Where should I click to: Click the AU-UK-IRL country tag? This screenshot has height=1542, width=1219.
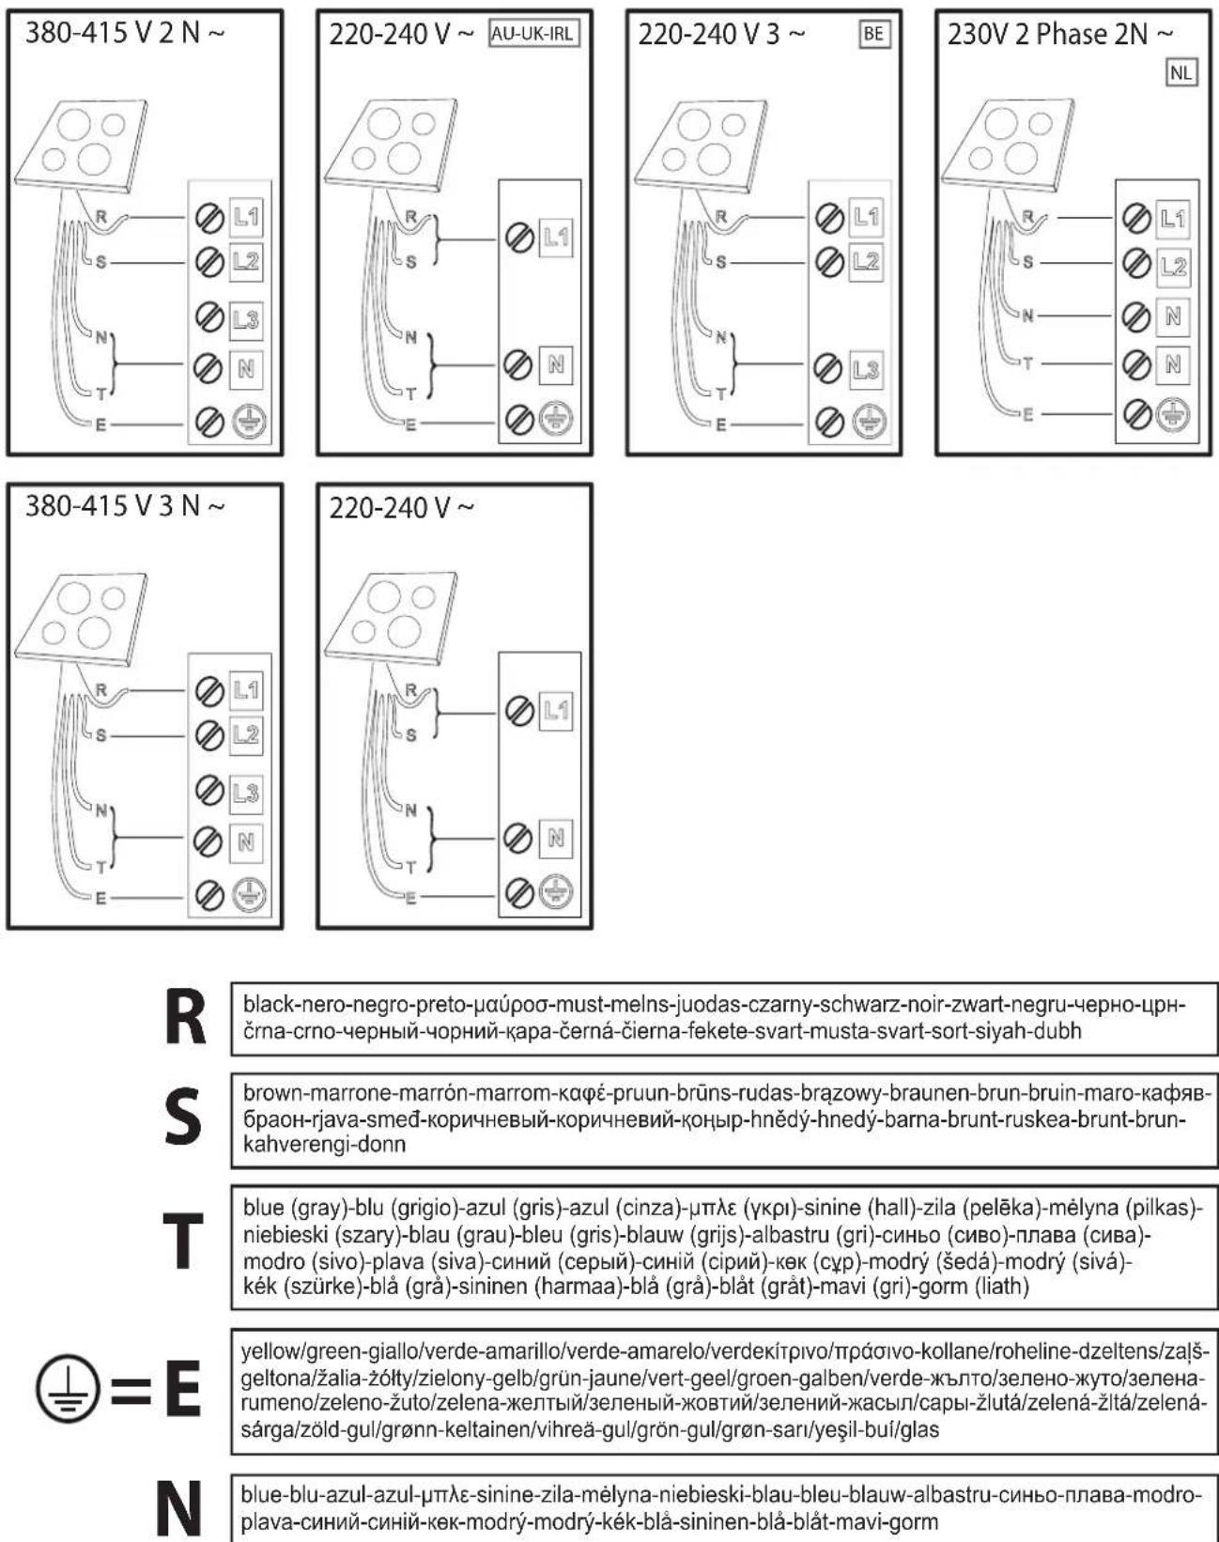[533, 34]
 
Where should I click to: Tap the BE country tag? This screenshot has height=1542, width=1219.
[873, 34]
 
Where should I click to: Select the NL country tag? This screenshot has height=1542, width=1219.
[1181, 73]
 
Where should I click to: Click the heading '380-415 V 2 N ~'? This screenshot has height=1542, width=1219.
[125, 33]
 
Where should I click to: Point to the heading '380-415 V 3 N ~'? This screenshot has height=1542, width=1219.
[125, 506]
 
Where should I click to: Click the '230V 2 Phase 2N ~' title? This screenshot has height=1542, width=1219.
[1060, 34]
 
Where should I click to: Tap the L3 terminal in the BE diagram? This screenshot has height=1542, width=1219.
[866, 369]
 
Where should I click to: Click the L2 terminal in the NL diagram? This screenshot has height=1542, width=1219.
[1173, 267]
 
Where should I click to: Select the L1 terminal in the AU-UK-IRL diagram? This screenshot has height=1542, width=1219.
[555, 237]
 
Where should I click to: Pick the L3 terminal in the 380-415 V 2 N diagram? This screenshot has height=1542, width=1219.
[246, 319]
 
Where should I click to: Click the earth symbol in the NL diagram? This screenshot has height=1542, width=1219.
[1173, 413]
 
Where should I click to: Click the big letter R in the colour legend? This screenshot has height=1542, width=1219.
[185, 1016]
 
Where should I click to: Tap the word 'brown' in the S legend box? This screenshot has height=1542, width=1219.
[273, 1093]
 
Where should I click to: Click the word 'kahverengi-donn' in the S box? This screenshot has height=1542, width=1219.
[325, 1145]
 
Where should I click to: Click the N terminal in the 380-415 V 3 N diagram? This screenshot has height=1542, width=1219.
[246, 841]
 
